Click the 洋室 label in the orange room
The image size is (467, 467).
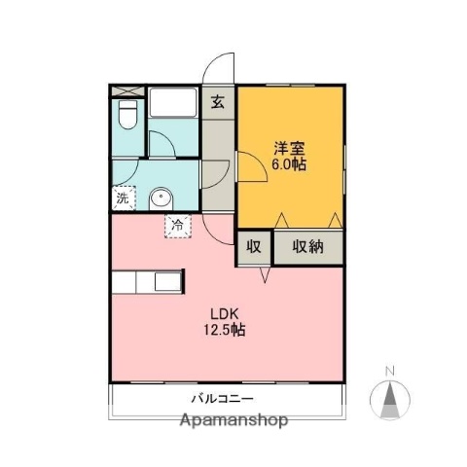289,148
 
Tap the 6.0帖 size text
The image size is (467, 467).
289,165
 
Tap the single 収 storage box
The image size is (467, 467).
254,246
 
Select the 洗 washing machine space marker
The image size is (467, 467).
123,198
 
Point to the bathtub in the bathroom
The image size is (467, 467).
173,102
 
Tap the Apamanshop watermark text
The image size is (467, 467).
234,421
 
